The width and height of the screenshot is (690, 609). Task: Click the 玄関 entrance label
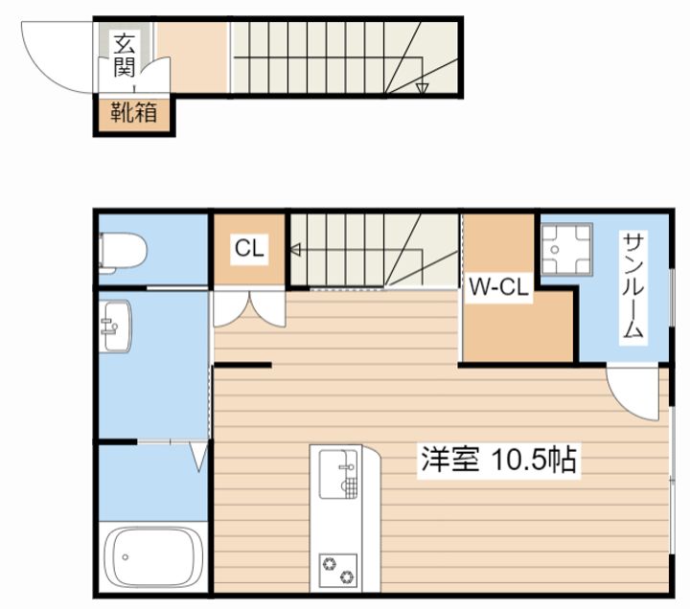point(124,55)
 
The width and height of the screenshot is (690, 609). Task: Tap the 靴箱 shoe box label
point(133,113)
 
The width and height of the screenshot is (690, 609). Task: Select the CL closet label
point(249,248)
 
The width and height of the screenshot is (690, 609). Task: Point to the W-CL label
point(498,287)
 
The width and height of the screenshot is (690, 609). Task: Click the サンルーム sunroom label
point(633,285)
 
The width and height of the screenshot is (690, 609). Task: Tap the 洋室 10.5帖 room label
point(498,460)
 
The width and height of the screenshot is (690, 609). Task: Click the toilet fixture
point(122,254)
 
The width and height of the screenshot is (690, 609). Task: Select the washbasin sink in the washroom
point(115,327)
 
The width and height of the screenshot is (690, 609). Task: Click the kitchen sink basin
point(338,474)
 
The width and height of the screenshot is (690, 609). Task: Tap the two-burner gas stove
point(338,571)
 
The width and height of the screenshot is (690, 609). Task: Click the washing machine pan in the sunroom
point(566,249)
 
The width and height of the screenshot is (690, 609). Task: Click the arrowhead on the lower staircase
point(295,250)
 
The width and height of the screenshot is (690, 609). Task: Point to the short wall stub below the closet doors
point(242,365)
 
